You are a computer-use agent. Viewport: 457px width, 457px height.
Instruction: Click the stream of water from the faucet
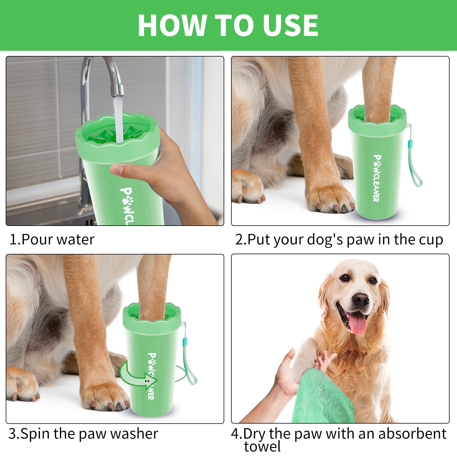click(118, 120)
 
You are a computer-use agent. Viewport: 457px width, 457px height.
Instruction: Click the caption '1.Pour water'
click(52, 239)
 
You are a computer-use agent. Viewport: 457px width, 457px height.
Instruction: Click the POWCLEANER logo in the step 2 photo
click(377, 178)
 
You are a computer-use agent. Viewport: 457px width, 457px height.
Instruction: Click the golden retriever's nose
click(360, 299)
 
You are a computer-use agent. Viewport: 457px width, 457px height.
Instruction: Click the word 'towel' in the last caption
click(262, 446)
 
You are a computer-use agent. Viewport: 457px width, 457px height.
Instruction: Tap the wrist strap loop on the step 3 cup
click(191, 368)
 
